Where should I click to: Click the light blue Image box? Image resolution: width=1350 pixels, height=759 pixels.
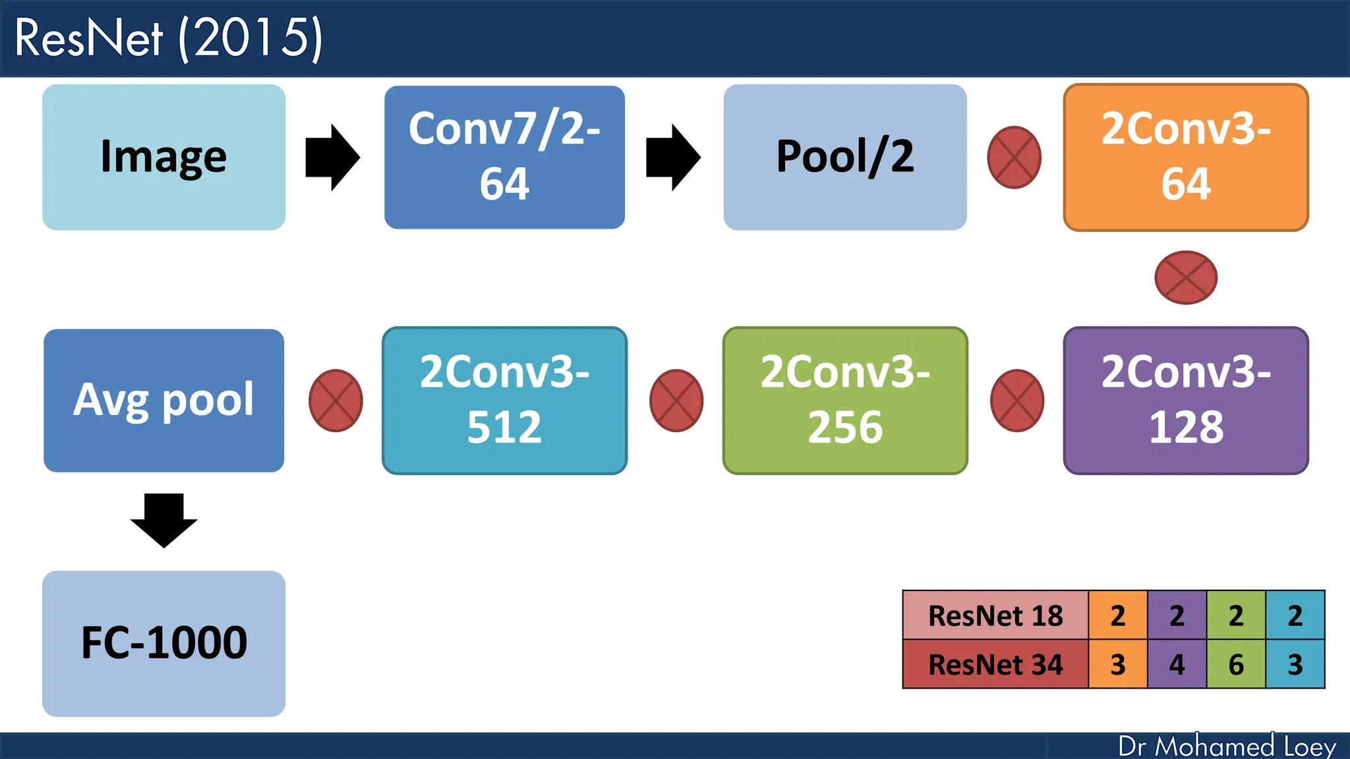point(163,157)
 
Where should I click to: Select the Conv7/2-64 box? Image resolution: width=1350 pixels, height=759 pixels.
point(504,157)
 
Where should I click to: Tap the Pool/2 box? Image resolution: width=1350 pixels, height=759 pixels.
point(844,157)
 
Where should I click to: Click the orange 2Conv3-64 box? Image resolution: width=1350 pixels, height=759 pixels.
point(1185,157)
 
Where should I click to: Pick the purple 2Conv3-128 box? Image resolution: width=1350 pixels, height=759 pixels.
point(1185,400)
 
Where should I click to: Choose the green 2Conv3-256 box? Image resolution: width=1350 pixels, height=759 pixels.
point(844,400)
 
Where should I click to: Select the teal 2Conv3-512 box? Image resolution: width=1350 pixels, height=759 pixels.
point(504,400)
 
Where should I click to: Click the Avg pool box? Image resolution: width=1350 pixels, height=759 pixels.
point(163,400)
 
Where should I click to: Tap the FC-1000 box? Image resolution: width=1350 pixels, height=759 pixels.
point(163,643)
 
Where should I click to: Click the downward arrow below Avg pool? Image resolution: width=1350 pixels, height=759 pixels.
point(163,520)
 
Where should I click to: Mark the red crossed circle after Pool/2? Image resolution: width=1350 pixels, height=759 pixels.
point(1014,157)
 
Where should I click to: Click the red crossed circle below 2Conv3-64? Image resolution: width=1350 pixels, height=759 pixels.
point(1185,277)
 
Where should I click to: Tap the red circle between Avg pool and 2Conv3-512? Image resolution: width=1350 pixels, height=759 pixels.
point(336,401)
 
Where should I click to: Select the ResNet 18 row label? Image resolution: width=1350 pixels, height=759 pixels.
point(995,615)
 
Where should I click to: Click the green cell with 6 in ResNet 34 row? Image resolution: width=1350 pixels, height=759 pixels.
point(1236,664)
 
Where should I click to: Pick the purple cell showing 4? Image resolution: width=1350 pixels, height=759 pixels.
point(1177,664)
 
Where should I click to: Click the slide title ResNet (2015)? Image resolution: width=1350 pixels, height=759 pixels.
point(168,38)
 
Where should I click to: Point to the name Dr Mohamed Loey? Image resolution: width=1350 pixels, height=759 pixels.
point(1227,746)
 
